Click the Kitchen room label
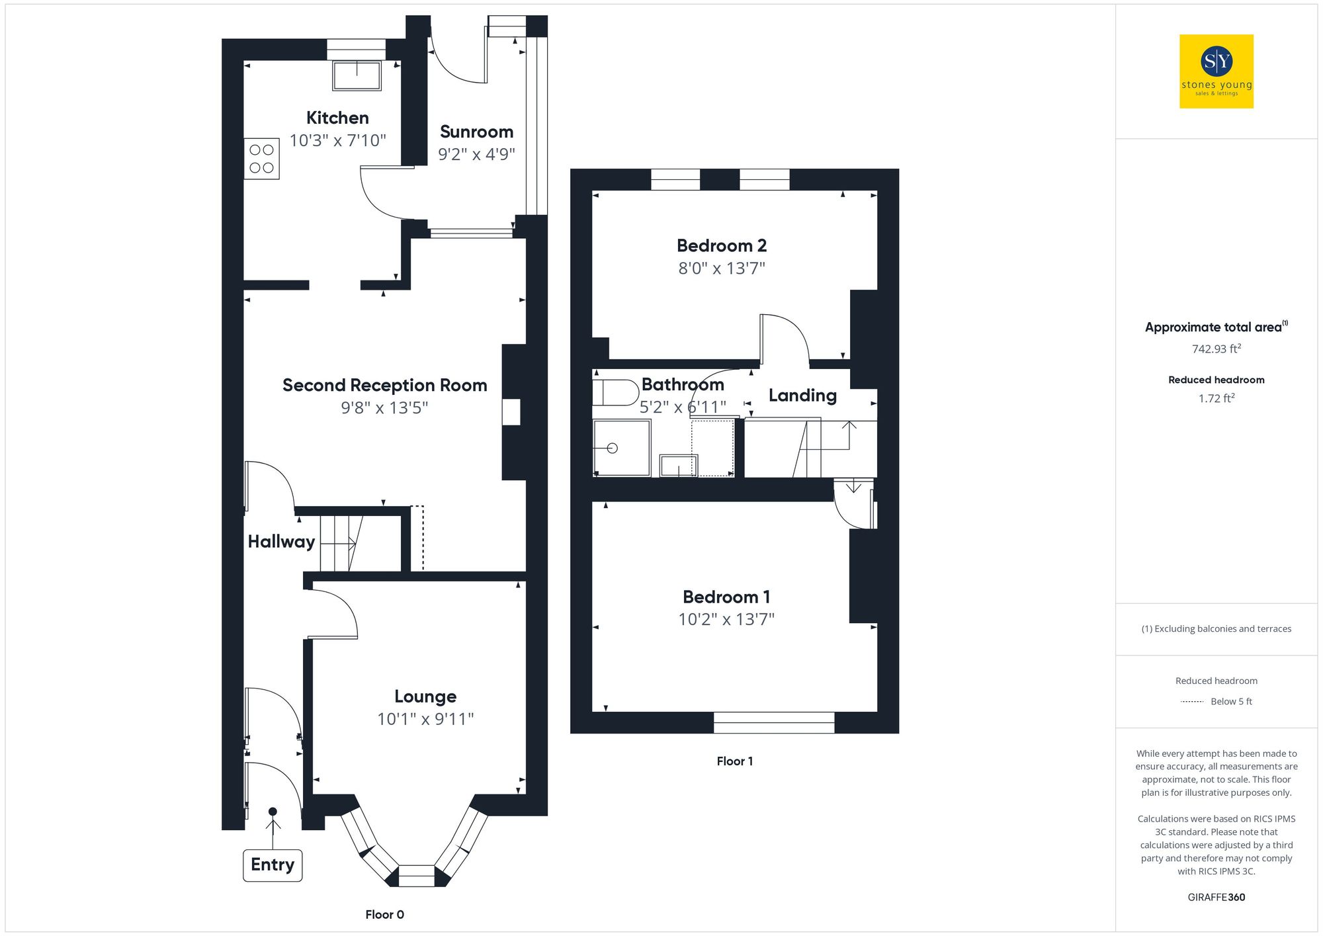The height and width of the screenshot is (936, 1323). click(337, 118)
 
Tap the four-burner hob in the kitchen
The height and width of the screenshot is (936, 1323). click(262, 159)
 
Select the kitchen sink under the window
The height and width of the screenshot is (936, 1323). click(357, 75)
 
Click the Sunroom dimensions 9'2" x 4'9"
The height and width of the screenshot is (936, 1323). click(476, 154)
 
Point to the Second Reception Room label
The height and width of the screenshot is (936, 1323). click(384, 385)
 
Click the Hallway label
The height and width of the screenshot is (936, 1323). click(281, 541)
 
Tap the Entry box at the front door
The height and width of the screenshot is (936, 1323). click(273, 865)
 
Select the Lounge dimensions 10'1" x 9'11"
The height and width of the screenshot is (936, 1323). click(425, 718)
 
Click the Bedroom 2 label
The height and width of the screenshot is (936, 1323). click(721, 245)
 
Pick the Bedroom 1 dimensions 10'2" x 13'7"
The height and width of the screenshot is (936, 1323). click(726, 619)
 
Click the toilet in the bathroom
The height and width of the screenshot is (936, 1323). click(614, 392)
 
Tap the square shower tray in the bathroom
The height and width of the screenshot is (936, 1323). click(621, 448)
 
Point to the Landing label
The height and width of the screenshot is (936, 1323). click(802, 396)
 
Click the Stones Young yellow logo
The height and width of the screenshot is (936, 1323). click(1216, 71)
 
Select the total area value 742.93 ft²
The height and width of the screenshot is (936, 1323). click(1216, 349)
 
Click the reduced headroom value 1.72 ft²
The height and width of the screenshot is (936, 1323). click(1216, 398)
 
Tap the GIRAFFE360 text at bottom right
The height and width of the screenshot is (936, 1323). click(1216, 897)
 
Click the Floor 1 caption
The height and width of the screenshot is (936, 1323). click(734, 761)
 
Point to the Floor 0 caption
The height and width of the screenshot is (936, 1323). click(384, 914)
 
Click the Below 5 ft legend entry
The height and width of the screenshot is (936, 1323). click(1230, 701)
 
